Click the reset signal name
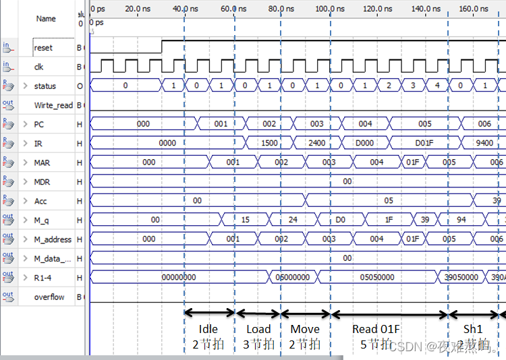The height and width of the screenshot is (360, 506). coord(43,49)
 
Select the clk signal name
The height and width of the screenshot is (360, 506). coord(38,67)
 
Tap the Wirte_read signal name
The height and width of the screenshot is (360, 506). coord(53,106)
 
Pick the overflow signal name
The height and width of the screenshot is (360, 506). coord(49,297)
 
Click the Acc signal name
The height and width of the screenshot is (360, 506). coord(40,202)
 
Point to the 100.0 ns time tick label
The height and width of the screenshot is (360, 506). coord(331,9)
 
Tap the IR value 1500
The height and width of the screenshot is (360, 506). coord(269,144)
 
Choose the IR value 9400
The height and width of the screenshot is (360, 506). coord(484,144)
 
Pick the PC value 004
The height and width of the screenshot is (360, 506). coord(365,125)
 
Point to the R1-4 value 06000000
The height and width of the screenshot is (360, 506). coord(292,277)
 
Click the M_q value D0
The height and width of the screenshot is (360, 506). coord(340,220)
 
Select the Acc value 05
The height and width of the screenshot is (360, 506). coord(388,201)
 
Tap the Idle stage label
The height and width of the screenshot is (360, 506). coord(208,330)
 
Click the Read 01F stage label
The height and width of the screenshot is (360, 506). coord(376,330)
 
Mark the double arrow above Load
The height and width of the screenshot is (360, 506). coord(258,313)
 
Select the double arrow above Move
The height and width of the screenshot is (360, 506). coord(306,313)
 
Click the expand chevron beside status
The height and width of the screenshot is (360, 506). coord(26,86)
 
